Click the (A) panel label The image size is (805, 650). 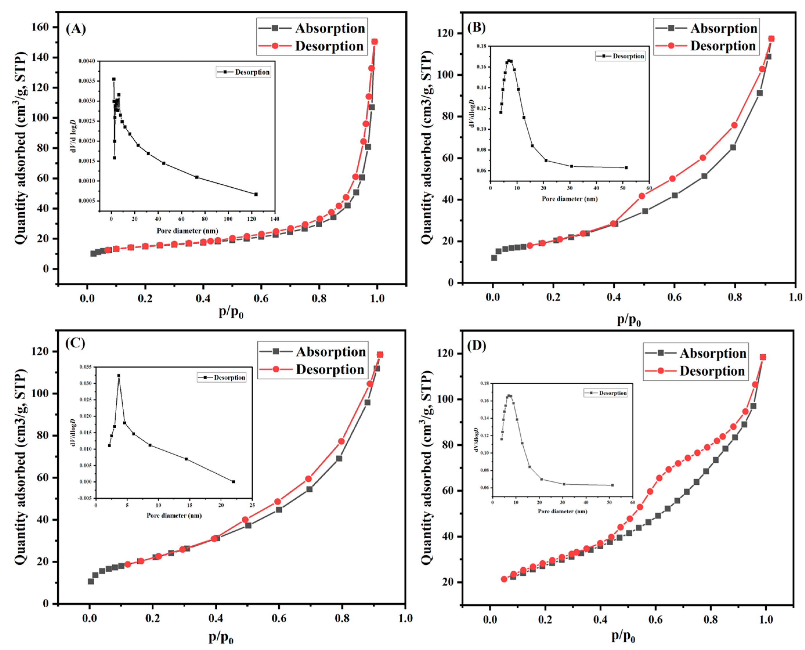76,28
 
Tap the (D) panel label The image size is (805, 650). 476,345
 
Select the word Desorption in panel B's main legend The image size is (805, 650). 723,46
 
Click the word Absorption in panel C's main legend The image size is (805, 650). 331,352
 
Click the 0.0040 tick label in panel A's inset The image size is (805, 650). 86,61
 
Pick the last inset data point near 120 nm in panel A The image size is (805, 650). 256,194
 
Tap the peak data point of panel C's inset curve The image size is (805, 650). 119,375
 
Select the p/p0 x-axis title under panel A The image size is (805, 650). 231,312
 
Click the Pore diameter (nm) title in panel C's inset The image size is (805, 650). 174,516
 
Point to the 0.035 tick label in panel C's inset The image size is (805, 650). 85,367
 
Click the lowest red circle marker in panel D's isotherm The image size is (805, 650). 504,579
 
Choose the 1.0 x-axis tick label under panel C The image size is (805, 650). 405,618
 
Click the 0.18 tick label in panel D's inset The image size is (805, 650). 484,383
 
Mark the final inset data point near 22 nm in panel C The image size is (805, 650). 234,482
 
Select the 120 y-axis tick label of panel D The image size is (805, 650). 446,354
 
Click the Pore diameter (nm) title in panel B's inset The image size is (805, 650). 569,199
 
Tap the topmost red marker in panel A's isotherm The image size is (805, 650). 375,41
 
